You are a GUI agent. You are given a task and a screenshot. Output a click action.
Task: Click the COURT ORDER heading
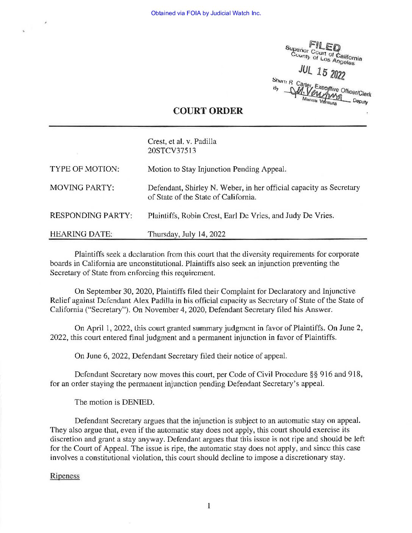(x=208, y=111)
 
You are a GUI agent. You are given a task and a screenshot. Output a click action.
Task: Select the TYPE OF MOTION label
(x=84, y=169)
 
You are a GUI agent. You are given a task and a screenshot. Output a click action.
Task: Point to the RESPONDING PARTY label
(x=91, y=216)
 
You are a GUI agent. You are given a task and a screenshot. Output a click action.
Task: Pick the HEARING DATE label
(x=81, y=234)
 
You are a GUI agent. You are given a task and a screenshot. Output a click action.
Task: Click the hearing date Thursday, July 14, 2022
(x=186, y=234)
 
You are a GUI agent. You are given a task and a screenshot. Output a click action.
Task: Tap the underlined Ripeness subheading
(x=65, y=476)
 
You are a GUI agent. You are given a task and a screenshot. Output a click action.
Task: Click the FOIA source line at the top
(x=206, y=13)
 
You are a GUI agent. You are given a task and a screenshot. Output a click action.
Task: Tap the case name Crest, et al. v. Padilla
(x=182, y=142)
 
